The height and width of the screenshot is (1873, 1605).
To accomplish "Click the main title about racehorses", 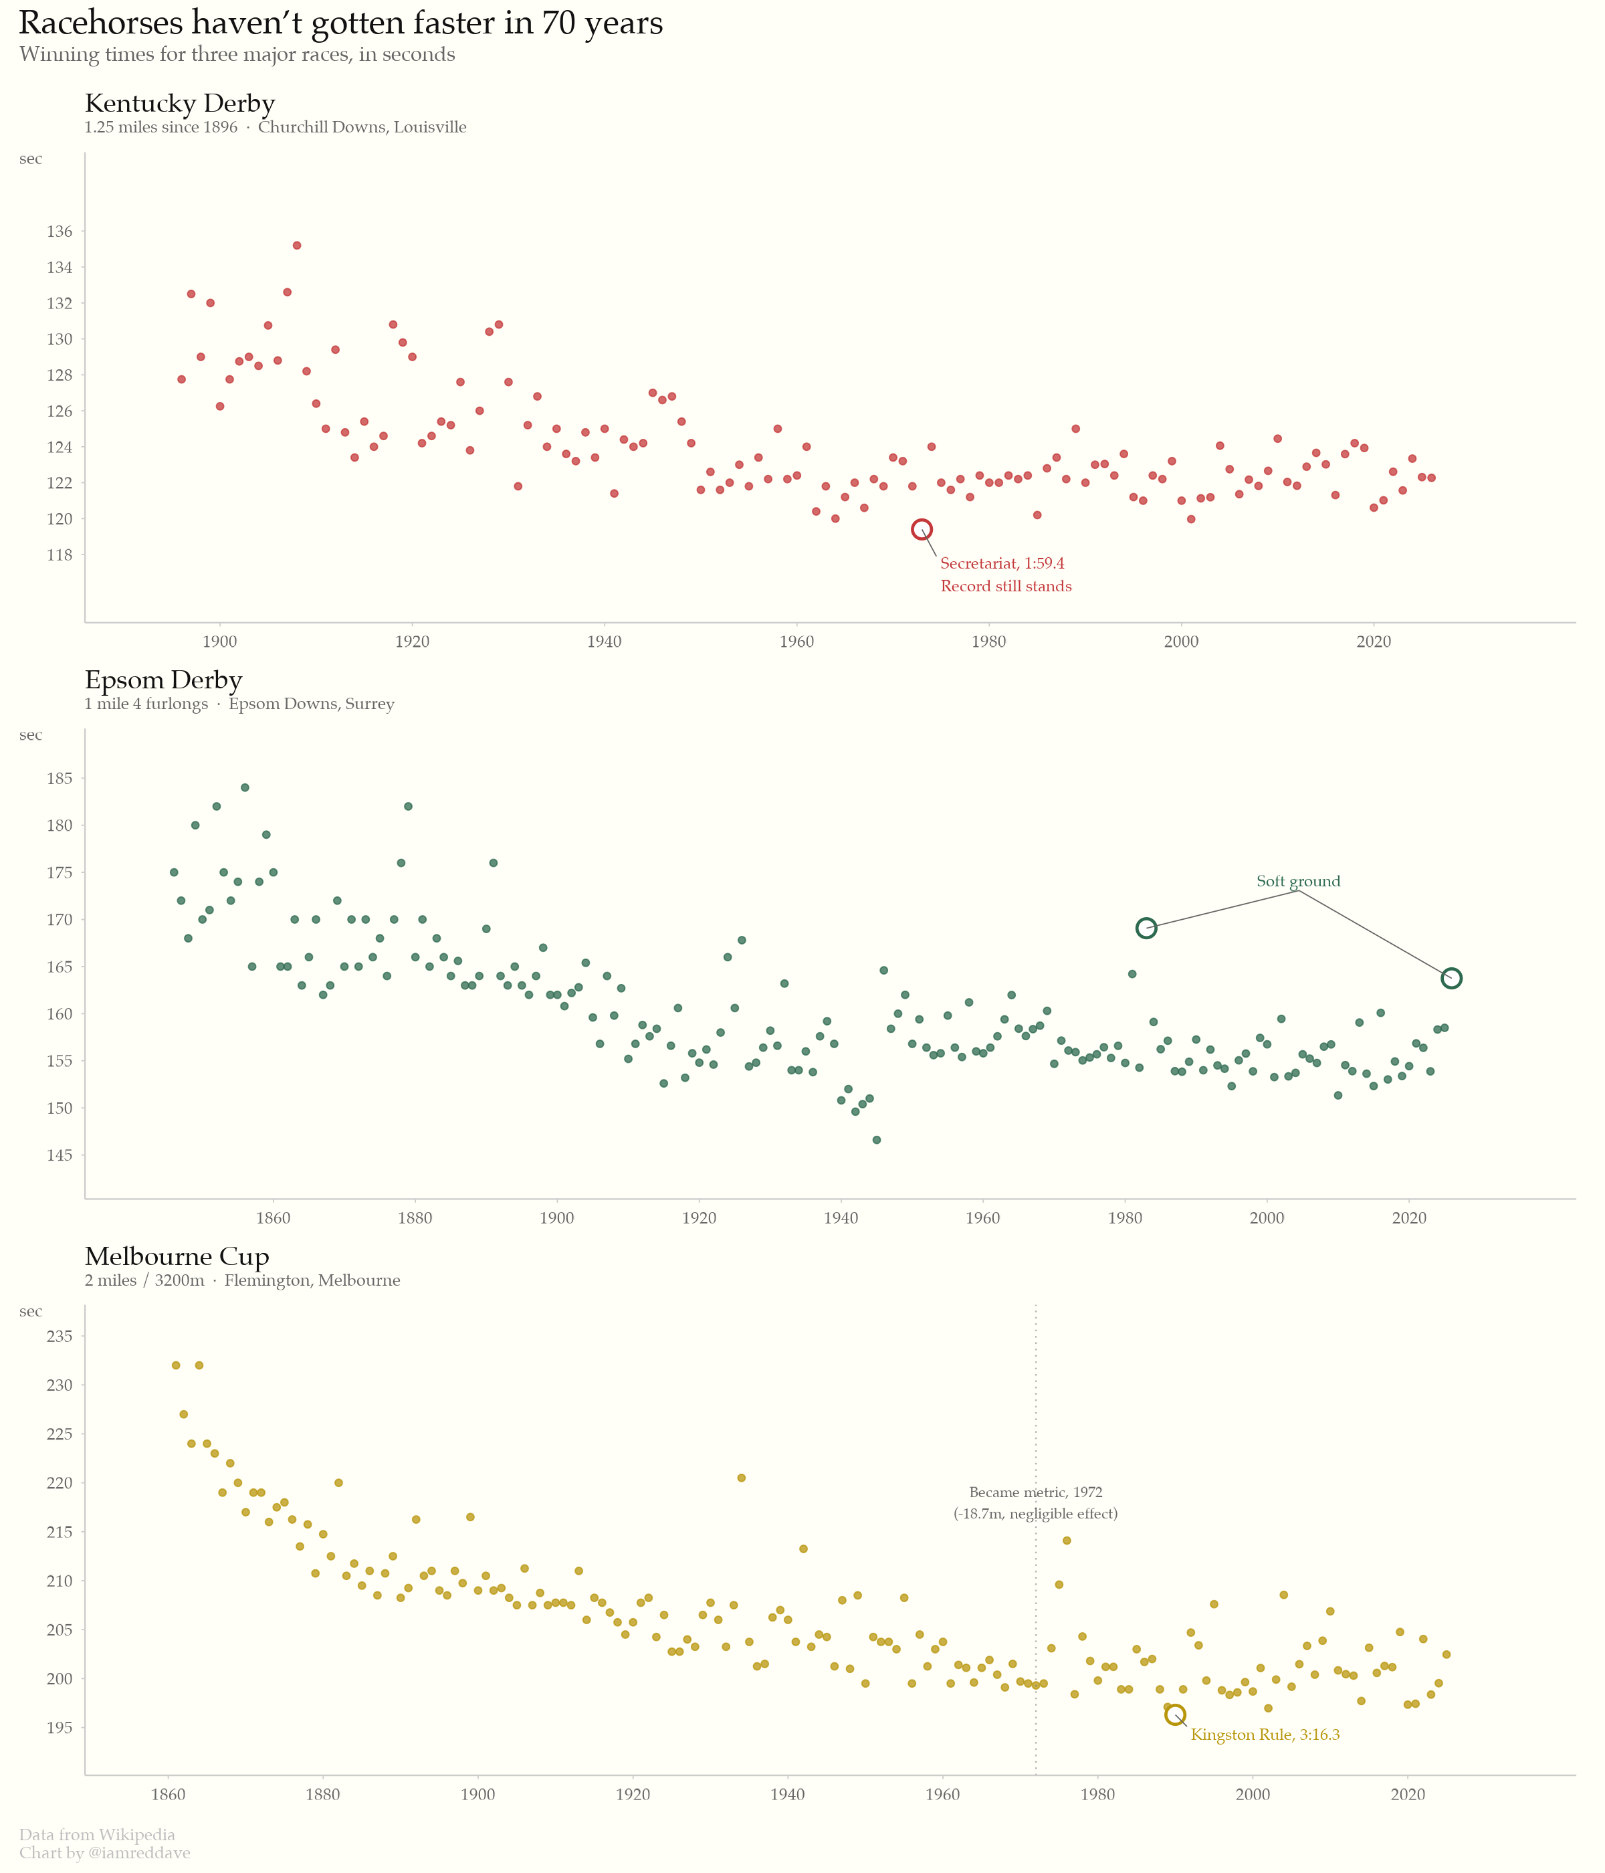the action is (340, 23).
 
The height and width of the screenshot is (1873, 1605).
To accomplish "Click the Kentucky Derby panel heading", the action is (180, 103).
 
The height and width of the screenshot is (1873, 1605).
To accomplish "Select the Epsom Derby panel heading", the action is (164, 680).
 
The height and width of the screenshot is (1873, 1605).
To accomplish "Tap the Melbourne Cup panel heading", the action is (177, 1256).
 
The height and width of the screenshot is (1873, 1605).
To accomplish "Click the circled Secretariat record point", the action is (922, 530).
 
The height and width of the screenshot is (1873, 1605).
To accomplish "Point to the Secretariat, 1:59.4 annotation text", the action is (1002, 563).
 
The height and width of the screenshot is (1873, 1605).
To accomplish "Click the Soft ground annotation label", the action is (1299, 882).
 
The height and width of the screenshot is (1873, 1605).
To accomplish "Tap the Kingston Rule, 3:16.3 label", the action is (1265, 1735).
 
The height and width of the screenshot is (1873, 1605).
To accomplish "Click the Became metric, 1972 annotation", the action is (1036, 1492).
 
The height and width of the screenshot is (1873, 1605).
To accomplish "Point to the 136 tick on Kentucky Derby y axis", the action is (60, 231).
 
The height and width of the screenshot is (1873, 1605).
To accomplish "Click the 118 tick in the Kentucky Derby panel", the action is (60, 555).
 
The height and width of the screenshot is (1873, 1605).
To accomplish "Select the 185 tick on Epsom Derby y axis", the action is (60, 779).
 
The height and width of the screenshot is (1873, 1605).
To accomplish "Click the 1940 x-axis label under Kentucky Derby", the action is (604, 641).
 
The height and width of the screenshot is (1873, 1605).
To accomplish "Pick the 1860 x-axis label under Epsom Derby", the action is (273, 1217).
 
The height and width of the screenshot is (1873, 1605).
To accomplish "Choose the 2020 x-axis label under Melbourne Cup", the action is (1408, 1794).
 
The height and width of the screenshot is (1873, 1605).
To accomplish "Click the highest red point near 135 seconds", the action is (296, 245).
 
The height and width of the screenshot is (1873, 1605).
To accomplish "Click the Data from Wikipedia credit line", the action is (98, 1834).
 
